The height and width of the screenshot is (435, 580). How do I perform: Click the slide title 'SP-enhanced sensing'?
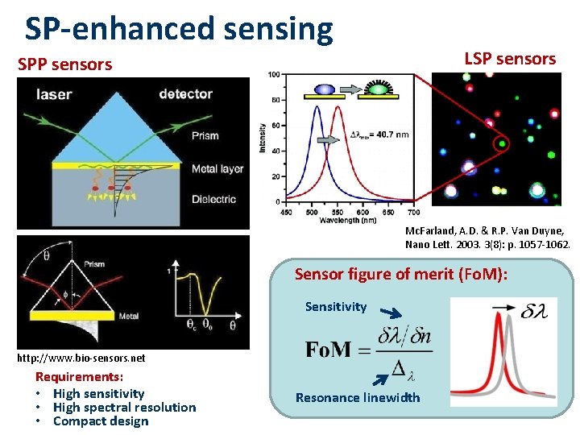pyautogui.click(x=179, y=29)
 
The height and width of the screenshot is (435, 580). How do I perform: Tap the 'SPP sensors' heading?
pyautogui.click(x=65, y=64)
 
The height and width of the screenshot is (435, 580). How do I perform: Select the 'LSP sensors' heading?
pyautogui.click(x=510, y=59)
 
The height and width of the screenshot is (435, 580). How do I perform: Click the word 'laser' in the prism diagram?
pyautogui.click(x=54, y=94)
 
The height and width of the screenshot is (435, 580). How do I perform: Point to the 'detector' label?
pyautogui.click(x=185, y=94)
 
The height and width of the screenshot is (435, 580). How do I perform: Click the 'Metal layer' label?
pyautogui.click(x=217, y=169)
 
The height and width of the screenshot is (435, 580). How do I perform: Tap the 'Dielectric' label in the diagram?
pyautogui.click(x=213, y=199)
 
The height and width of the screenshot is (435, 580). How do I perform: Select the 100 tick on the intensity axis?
pyautogui.click(x=274, y=75)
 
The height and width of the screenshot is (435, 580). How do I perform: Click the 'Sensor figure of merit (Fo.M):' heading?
pyautogui.click(x=400, y=274)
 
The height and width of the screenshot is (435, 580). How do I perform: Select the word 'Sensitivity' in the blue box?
pyautogui.click(x=335, y=307)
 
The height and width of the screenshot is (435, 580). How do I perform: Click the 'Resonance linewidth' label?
pyautogui.click(x=358, y=397)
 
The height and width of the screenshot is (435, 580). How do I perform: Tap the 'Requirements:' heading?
pyautogui.click(x=79, y=377)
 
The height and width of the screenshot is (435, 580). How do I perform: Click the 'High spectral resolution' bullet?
pyautogui.click(x=124, y=407)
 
